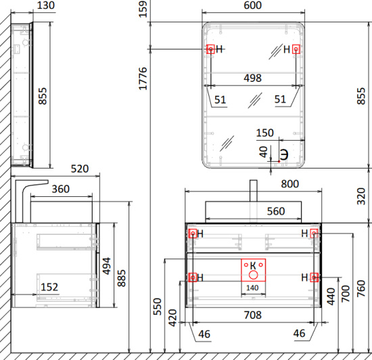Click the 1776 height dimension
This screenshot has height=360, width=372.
tap(143, 78)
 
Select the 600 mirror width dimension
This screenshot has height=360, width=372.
tap(253, 5)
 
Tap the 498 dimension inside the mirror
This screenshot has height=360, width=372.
tap(253, 78)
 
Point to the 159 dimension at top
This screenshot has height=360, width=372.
tap(143, 9)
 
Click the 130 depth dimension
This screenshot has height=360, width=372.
tap(46, 5)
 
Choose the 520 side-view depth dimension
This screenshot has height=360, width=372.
tap(80, 168)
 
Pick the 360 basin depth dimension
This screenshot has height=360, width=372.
tap(61, 189)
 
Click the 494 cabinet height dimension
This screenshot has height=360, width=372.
tap(106, 266)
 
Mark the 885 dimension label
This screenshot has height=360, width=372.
tap(122, 278)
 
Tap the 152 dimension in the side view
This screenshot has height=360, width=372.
tap(49, 287)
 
